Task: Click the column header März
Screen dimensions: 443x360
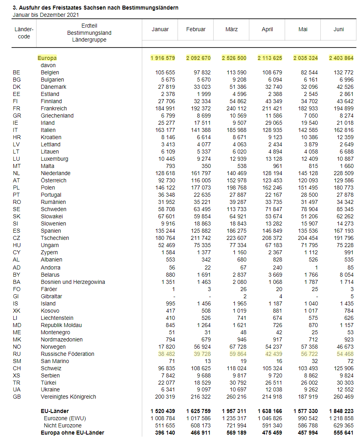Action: [232, 29]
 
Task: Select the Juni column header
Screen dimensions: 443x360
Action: [338, 29]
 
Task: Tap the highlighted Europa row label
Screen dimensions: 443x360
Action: [47, 58]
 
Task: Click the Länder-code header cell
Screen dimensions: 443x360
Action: [24, 33]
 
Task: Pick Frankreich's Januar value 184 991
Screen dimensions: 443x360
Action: [165, 108]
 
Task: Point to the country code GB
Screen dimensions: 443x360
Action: [17, 397]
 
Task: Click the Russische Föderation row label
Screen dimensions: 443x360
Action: [68, 354]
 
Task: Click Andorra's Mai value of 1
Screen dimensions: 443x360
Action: [316, 267]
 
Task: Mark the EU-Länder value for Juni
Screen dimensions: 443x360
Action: [341, 411]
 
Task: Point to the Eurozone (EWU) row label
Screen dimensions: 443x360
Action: [65, 418]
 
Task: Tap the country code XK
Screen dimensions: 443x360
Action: [16, 311]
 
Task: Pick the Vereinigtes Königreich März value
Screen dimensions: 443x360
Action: [236, 397]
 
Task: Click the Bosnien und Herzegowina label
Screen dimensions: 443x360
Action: [73, 282]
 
